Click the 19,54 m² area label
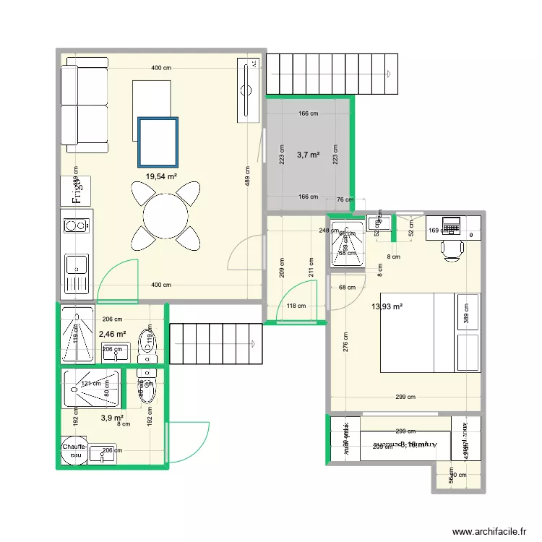[161, 176]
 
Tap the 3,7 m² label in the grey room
[308, 154]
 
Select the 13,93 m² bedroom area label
[387, 306]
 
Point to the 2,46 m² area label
[112, 335]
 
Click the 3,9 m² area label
[112, 418]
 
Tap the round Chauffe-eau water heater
[74, 451]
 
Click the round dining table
[165, 215]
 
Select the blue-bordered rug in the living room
[158, 142]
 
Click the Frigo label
[76, 190]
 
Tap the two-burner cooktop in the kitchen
[76, 226]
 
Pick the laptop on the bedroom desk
[452, 225]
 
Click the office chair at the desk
[453, 249]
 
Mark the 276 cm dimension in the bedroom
[346, 343]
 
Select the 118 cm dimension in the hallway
[296, 306]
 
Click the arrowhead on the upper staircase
[389, 74]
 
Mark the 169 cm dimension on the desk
[434, 232]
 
